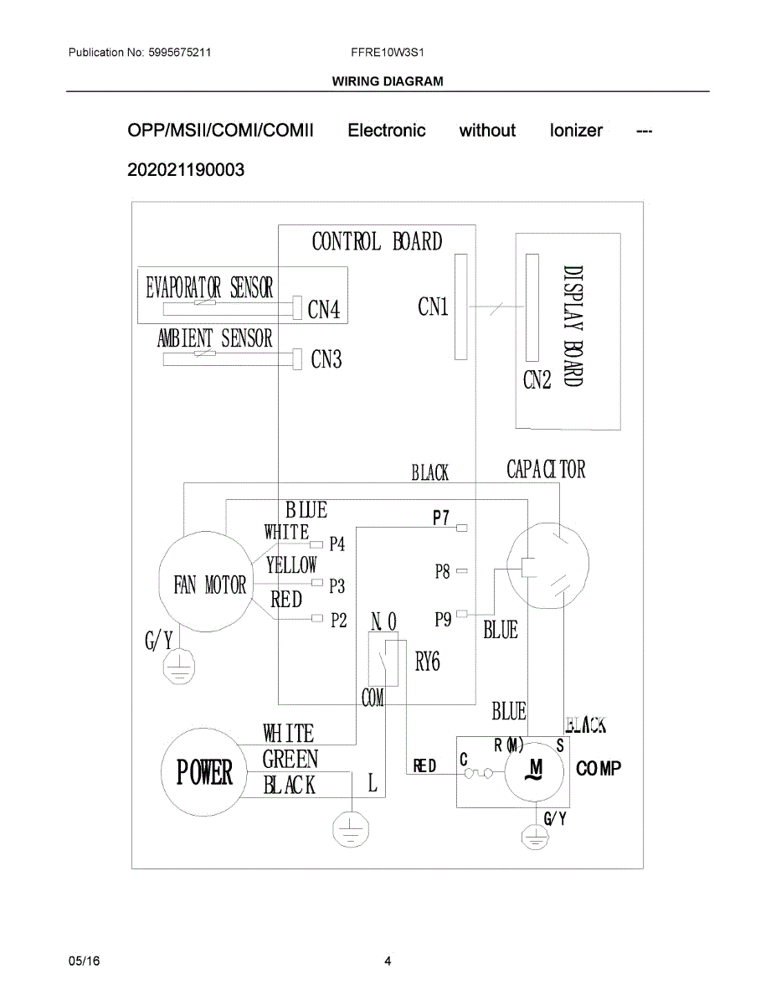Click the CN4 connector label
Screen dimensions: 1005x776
click(324, 311)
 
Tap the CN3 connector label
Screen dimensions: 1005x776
click(326, 360)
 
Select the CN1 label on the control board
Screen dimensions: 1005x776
click(433, 307)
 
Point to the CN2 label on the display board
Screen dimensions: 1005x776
click(537, 380)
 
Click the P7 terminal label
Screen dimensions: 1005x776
click(441, 518)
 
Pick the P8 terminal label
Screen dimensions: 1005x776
click(442, 572)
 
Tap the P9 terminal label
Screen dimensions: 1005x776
click(443, 620)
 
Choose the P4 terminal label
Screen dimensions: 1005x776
click(337, 544)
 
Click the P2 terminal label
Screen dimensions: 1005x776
click(337, 621)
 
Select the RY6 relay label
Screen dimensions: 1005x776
click(427, 662)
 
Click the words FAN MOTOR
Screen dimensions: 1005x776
click(210, 585)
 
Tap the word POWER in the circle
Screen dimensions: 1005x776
click(204, 772)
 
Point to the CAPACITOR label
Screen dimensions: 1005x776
click(546, 470)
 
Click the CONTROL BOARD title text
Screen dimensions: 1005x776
click(377, 242)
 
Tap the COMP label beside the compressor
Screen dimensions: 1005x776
click(599, 769)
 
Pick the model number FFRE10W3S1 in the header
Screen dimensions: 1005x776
click(388, 52)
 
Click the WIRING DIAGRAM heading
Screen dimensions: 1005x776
click(388, 81)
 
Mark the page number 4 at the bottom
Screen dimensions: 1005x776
click(388, 961)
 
